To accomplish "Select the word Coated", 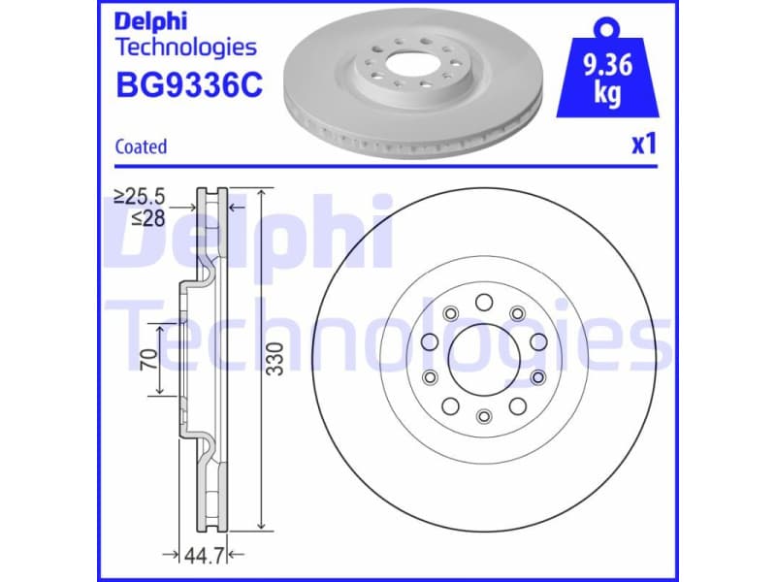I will (x=141, y=147).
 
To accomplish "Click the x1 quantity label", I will (x=644, y=145).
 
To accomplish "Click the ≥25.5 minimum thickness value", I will (x=140, y=197).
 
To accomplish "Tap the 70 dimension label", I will (x=148, y=359).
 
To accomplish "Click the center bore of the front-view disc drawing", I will (x=483, y=359).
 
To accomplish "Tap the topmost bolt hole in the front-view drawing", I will (x=483, y=303).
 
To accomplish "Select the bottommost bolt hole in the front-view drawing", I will (x=484, y=416).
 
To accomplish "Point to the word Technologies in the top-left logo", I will (x=186, y=47).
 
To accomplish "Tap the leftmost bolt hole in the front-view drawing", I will (x=429, y=341).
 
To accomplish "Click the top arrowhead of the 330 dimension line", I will (x=262, y=192).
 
